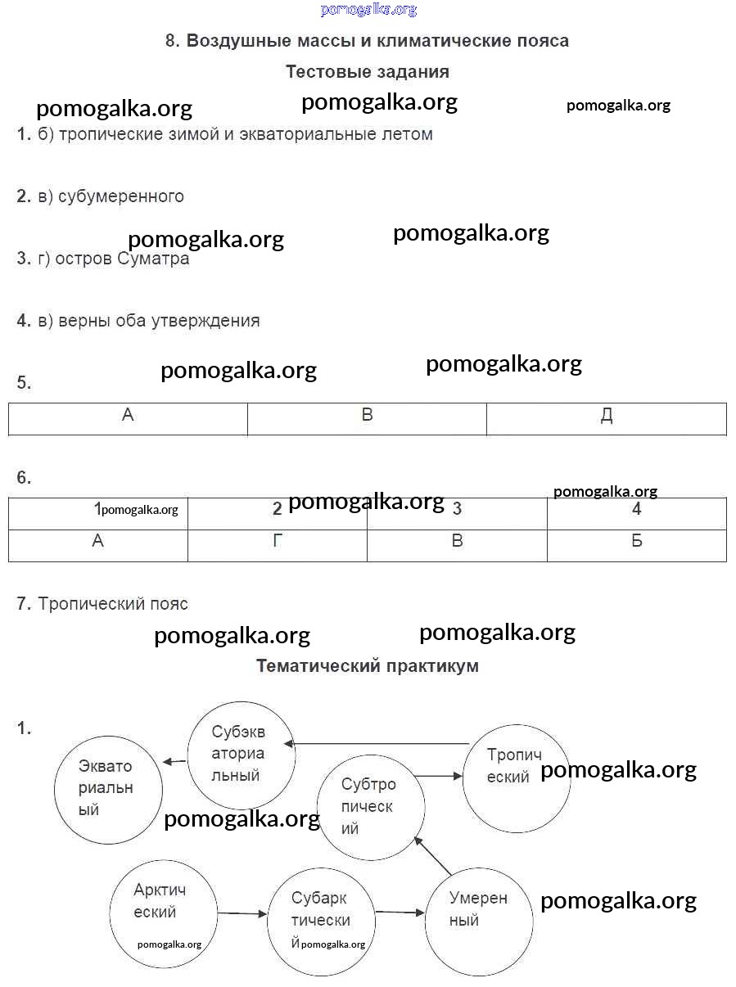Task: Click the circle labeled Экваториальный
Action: pos(108,789)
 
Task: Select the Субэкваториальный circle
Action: pos(241,754)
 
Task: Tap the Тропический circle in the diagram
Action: pos(516,777)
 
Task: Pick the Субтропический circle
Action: pos(370,806)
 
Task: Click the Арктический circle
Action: pos(164,913)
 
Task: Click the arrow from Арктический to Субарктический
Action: pos(243,913)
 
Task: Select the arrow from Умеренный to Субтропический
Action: pos(433,855)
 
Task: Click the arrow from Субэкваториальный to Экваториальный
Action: pos(174,762)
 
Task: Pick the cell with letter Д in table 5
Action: pos(606,417)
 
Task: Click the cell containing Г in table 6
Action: pos(278,541)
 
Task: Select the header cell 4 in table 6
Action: pos(636,510)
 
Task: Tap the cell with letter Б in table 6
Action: pos(636,541)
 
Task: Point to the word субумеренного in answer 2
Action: pos(121,196)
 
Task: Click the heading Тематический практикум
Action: pos(368,666)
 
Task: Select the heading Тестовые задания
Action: pos(368,72)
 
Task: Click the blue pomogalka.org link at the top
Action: pos(368,10)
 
